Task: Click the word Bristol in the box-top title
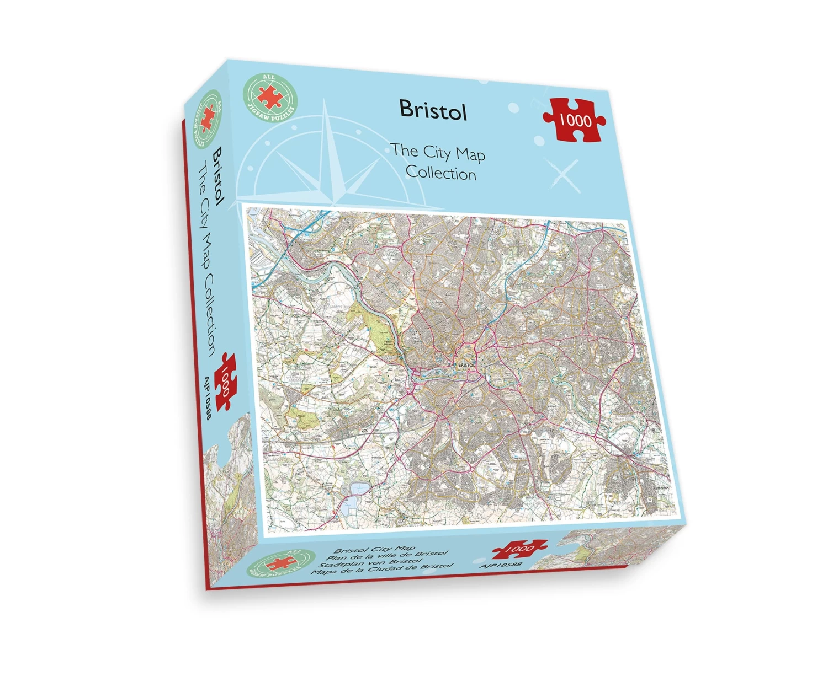(433, 110)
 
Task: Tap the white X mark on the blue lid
(563, 175)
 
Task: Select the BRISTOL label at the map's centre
(466, 365)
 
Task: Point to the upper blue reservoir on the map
(358, 488)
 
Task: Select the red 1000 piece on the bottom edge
(519, 549)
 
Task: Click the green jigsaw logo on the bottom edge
(282, 563)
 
